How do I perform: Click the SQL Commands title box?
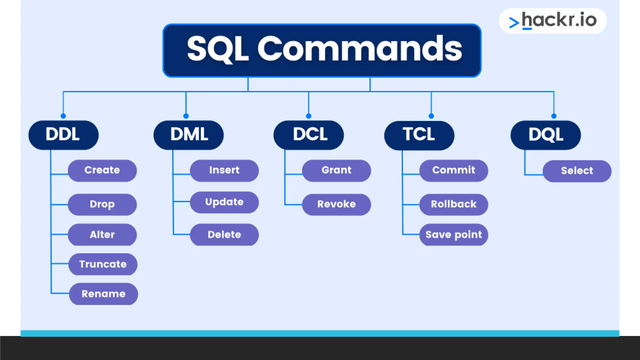click(x=322, y=50)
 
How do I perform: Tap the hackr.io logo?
click(x=553, y=21)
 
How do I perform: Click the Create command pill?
click(x=102, y=171)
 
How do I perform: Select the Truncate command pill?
click(x=103, y=264)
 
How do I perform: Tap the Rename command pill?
click(x=103, y=294)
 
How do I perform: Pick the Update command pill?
click(x=224, y=202)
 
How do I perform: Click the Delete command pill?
click(x=224, y=235)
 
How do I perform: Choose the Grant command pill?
click(x=337, y=171)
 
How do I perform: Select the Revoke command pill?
click(x=337, y=205)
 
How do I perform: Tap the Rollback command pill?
click(x=453, y=205)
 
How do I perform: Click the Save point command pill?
click(x=453, y=235)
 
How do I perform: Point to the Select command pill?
click(x=577, y=171)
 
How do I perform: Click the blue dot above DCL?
click(x=309, y=116)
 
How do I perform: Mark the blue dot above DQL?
click(x=554, y=116)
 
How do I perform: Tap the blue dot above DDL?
click(x=63, y=116)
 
